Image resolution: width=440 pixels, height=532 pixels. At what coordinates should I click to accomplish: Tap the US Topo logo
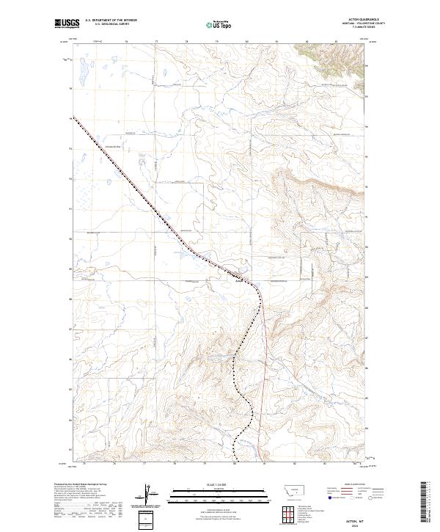(211, 24)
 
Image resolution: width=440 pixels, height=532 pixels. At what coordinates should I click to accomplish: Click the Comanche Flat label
(117, 145)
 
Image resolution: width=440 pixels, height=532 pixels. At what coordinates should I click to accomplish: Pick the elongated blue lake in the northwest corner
(78, 73)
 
